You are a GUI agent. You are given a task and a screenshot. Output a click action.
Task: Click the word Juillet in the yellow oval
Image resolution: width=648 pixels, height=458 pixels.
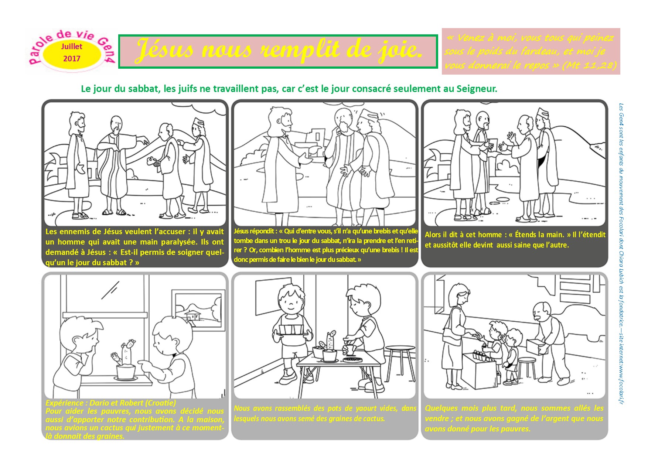72,47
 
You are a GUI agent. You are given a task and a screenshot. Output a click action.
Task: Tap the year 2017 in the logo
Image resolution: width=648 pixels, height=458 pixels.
72,59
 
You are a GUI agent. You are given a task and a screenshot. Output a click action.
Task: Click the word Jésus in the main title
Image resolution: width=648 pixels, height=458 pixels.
164,50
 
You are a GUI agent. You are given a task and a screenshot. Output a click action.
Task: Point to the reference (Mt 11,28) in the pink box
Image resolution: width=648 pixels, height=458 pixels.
589,66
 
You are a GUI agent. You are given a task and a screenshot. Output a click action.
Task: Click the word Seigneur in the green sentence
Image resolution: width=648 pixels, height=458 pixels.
476,89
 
